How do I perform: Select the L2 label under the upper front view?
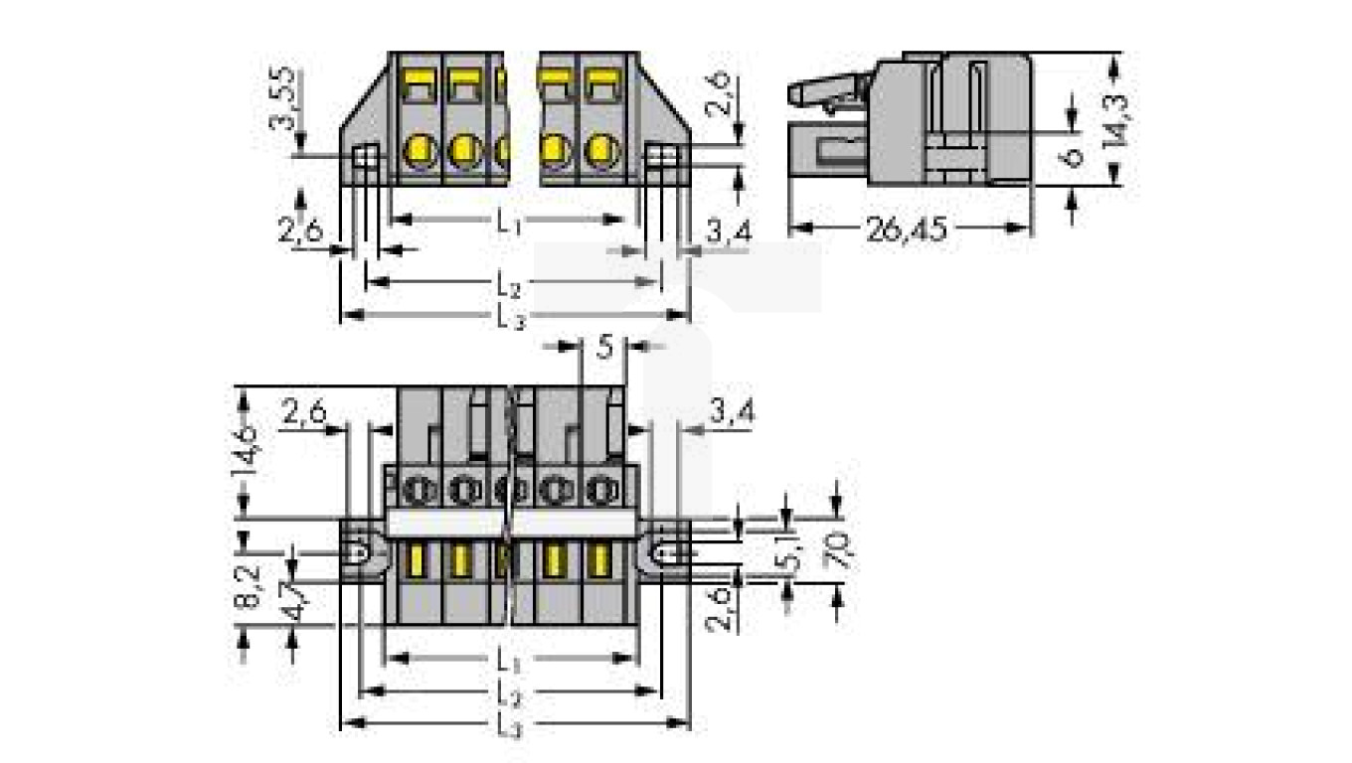[x=508, y=287]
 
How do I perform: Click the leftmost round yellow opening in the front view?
[x=419, y=152]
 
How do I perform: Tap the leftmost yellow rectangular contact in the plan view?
[x=414, y=561]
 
